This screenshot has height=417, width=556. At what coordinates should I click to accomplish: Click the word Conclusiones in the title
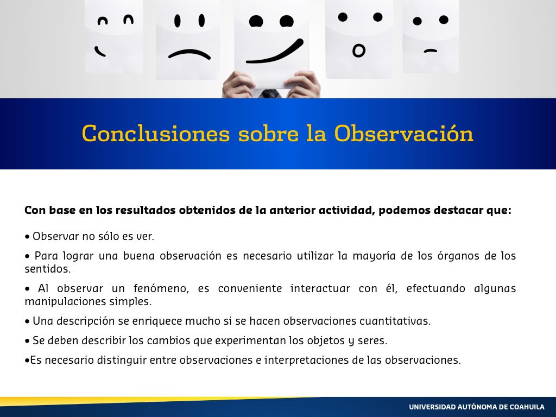pyautogui.click(x=156, y=134)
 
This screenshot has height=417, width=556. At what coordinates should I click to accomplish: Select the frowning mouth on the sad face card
pyautogui.click(x=189, y=54)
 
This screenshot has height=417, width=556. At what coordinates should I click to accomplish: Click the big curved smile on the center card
pyautogui.click(x=275, y=52)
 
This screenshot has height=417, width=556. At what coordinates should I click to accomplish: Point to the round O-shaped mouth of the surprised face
pyautogui.click(x=358, y=50)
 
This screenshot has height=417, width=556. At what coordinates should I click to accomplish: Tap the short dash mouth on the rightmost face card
pyautogui.click(x=431, y=52)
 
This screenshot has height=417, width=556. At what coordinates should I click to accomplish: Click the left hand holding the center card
pyautogui.click(x=238, y=84)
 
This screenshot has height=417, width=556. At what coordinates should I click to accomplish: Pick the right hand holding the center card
pyautogui.click(x=302, y=84)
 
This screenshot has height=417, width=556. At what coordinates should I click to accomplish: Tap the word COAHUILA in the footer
pyautogui.click(x=527, y=407)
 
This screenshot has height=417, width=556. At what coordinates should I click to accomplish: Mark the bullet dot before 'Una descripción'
pyautogui.click(x=27, y=321)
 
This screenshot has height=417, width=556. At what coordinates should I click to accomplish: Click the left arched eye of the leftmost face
pyautogui.click(x=103, y=21)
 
